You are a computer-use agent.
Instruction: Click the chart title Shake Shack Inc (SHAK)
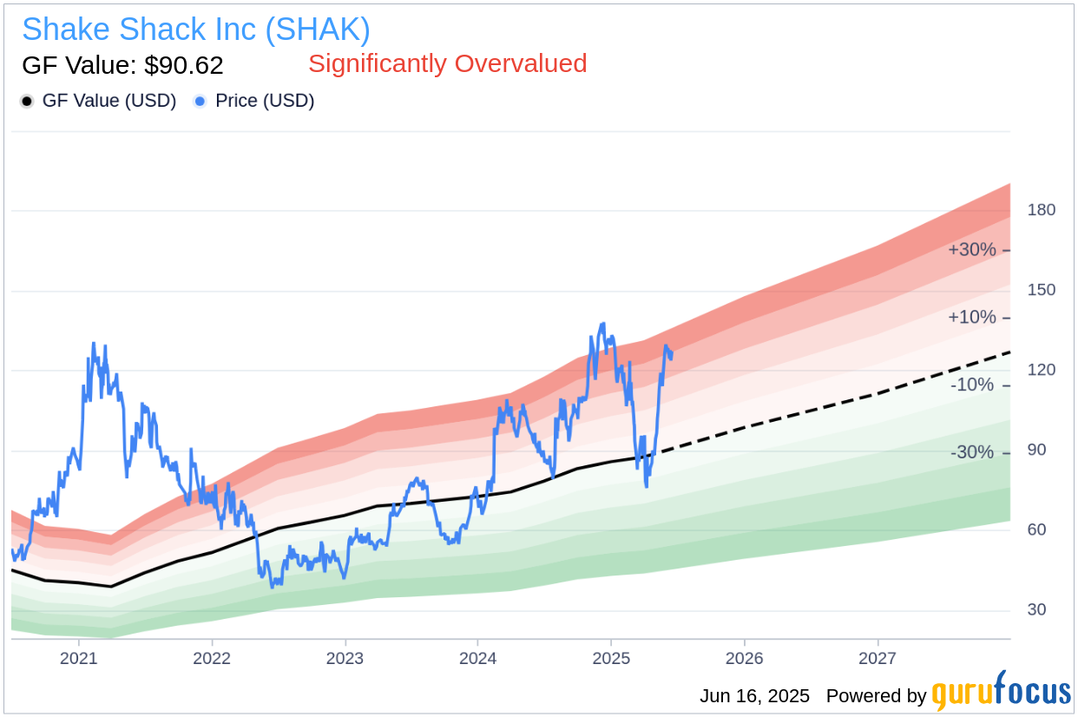196,30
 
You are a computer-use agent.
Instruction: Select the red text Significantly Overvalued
447,63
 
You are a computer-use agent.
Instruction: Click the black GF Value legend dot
28,101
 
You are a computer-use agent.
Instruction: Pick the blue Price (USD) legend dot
200,101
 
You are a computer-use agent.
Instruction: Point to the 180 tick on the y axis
1042,210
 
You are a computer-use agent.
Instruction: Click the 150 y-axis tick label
1042,290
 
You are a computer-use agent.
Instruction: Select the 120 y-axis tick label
1042,370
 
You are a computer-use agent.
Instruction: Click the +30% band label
972,250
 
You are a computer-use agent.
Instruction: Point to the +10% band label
972,318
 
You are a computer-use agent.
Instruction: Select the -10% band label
972,385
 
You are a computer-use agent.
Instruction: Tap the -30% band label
972,452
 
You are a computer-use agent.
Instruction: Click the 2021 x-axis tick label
79,658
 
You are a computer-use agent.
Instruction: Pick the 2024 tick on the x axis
477,658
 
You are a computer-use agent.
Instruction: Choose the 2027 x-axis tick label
877,658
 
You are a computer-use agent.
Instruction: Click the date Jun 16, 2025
754,696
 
